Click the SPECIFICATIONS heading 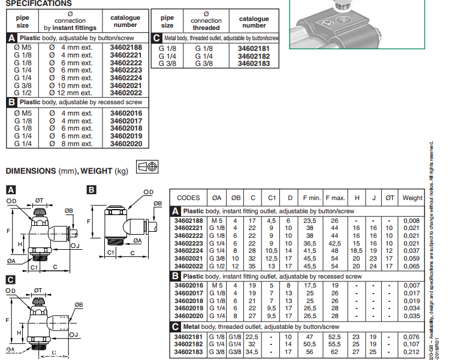(x=38, y=4)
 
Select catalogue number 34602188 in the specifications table (x=126, y=47)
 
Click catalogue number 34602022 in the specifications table (x=126, y=92)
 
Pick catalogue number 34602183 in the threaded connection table (x=254, y=63)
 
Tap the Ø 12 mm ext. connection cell (x=71, y=92)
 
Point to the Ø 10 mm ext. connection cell (x=71, y=85)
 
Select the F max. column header (x=336, y=198)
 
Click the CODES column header (x=189, y=198)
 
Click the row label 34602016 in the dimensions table (x=188, y=286)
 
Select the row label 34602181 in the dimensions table (x=188, y=337)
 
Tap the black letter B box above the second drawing (x=91, y=190)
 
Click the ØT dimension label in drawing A (x=40, y=200)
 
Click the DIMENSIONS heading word (x=31, y=171)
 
